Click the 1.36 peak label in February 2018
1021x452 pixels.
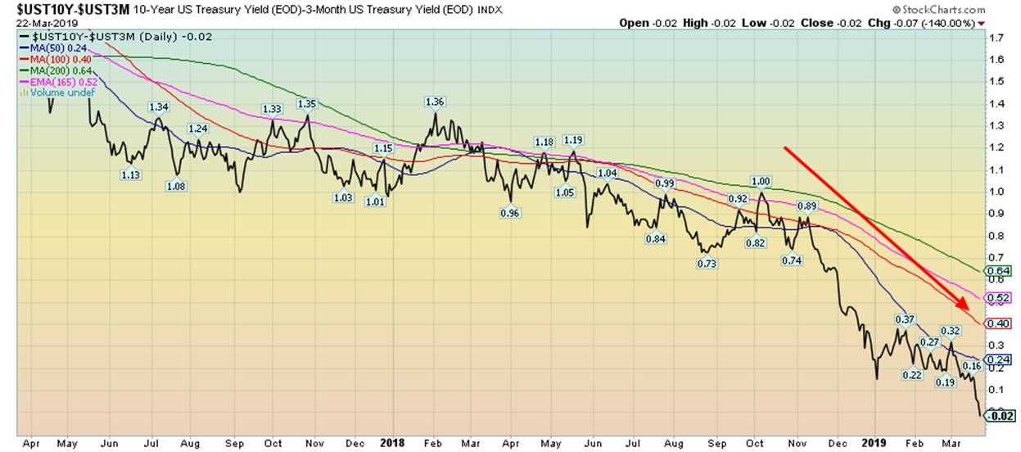coord(435,102)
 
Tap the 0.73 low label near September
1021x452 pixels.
coord(707,264)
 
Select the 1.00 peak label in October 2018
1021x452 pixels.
coord(761,181)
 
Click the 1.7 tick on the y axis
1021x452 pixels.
coord(996,38)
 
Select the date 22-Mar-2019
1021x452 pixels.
coord(30,22)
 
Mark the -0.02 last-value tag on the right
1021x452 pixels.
coord(1001,415)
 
